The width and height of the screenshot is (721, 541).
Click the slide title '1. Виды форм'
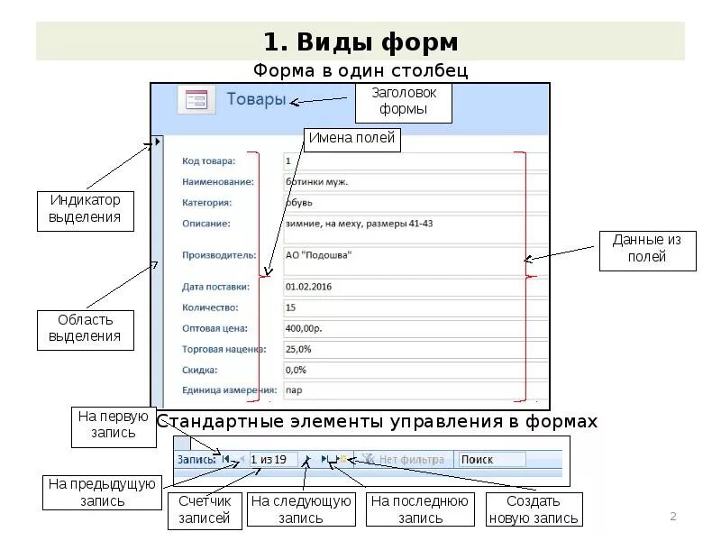[x=360, y=41]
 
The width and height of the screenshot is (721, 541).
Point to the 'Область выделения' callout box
[x=85, y=328]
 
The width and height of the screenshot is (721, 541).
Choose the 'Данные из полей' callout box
[x=647, y=250]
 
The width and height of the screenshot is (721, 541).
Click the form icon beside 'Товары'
[x=196, y=99]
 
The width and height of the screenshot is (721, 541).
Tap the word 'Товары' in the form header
[x=256, y=99]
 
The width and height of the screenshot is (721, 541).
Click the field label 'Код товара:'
[x=208, y=161]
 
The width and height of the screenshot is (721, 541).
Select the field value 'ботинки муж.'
[x=316, y=182]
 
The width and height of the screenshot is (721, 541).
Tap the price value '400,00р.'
[x=306, y=328]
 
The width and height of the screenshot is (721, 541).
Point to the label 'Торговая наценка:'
[x=223, y=349]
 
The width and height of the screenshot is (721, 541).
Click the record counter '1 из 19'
[x=269, y=460]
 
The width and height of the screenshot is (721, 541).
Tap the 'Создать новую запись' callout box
[x=534, y=509]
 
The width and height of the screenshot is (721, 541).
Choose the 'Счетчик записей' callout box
[x=205, y=509]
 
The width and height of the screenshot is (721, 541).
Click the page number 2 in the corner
[x=672, y=517]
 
